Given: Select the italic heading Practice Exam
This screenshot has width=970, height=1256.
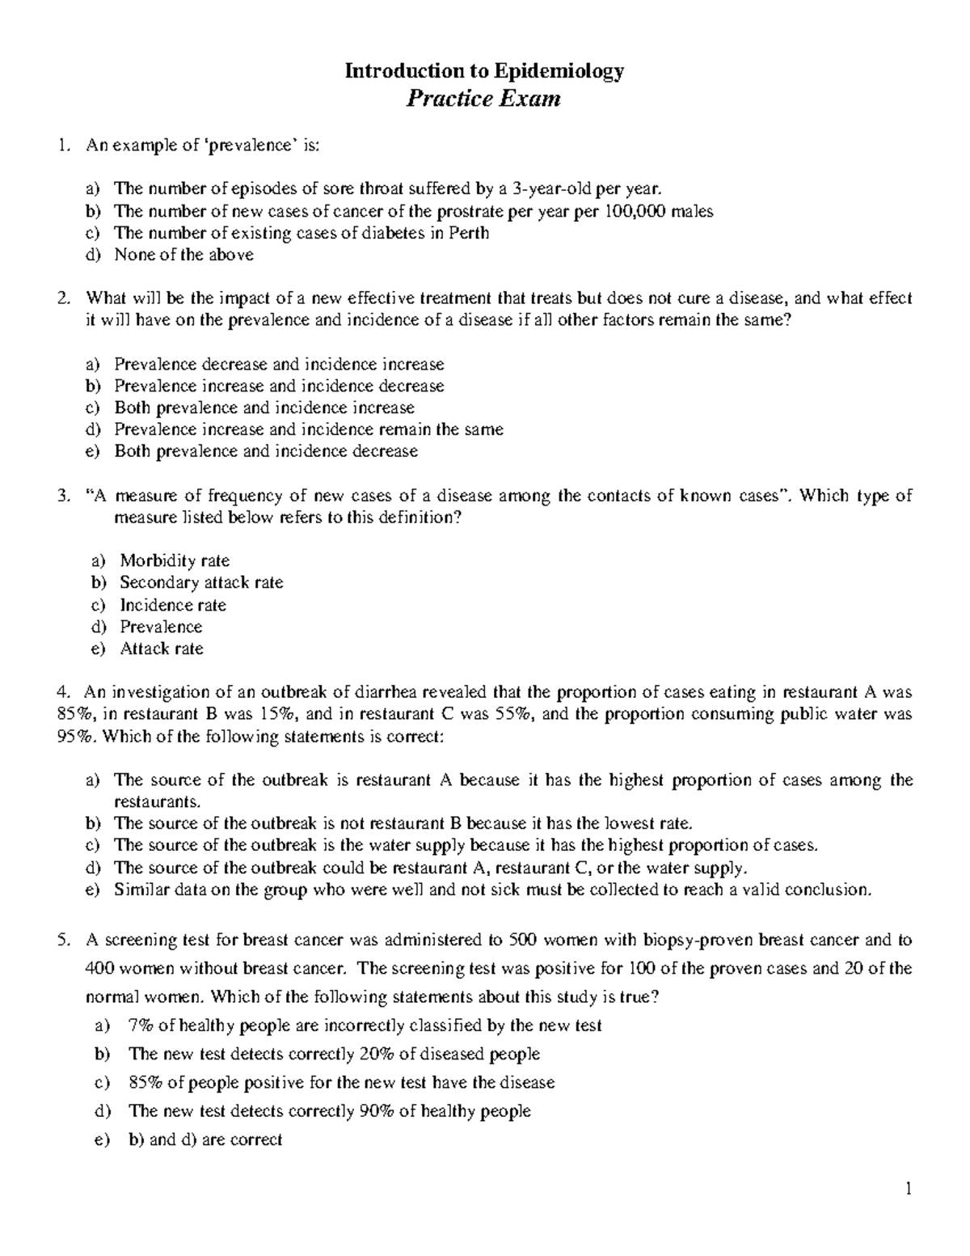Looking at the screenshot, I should tap(483, 99).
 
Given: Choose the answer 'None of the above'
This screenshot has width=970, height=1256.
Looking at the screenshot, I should tap(183, 255).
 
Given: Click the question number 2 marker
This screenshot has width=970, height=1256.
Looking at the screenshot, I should tap(64, 298).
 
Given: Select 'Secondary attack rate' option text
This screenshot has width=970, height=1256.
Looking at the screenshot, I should tap(201, 582).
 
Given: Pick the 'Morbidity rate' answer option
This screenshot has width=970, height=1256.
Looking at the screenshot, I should tap(175, 560).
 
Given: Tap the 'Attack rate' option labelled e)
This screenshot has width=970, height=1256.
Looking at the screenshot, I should tap(162, 649).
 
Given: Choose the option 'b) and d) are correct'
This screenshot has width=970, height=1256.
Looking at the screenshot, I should tap(205, 1140).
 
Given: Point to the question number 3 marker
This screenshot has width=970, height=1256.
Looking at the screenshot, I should tap(64, 496).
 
